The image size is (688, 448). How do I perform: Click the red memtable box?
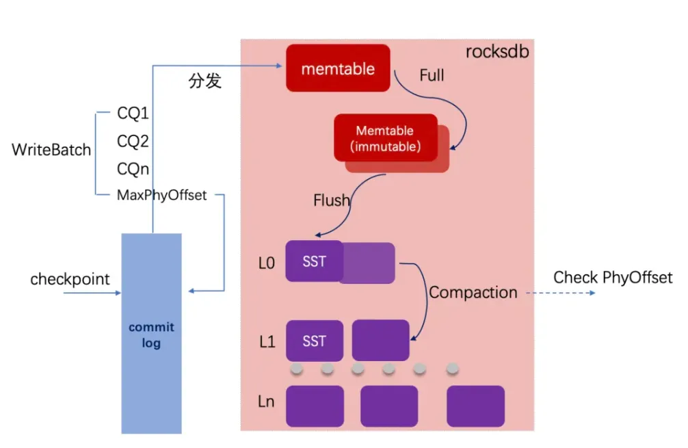tap(338, 68)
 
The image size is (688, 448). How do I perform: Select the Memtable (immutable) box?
tap(385, 138)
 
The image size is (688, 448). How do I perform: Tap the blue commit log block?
tap(151, 334)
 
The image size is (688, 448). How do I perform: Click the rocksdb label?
tap(497, 52)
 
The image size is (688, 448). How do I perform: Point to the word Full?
tap(432, 75)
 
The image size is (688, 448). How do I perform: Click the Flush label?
tap(332, 200)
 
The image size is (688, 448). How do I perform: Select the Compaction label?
tap(473, 293)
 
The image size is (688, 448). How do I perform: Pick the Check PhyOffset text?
tap(613, 278)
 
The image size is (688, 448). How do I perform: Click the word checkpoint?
tap(70, 279)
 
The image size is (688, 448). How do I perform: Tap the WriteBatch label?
tap(51, 150)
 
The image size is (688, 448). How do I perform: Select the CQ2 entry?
tap(133, 142)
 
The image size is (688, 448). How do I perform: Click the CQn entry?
tap(133, 169)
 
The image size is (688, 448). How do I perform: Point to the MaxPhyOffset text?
tap(161, 196)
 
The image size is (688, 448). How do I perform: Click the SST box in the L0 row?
tap(314, 261)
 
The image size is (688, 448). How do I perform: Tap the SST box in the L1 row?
tap(314, 341)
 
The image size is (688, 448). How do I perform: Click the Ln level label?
tap(267, 401)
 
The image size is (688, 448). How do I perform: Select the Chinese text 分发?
tap(204, 81)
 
